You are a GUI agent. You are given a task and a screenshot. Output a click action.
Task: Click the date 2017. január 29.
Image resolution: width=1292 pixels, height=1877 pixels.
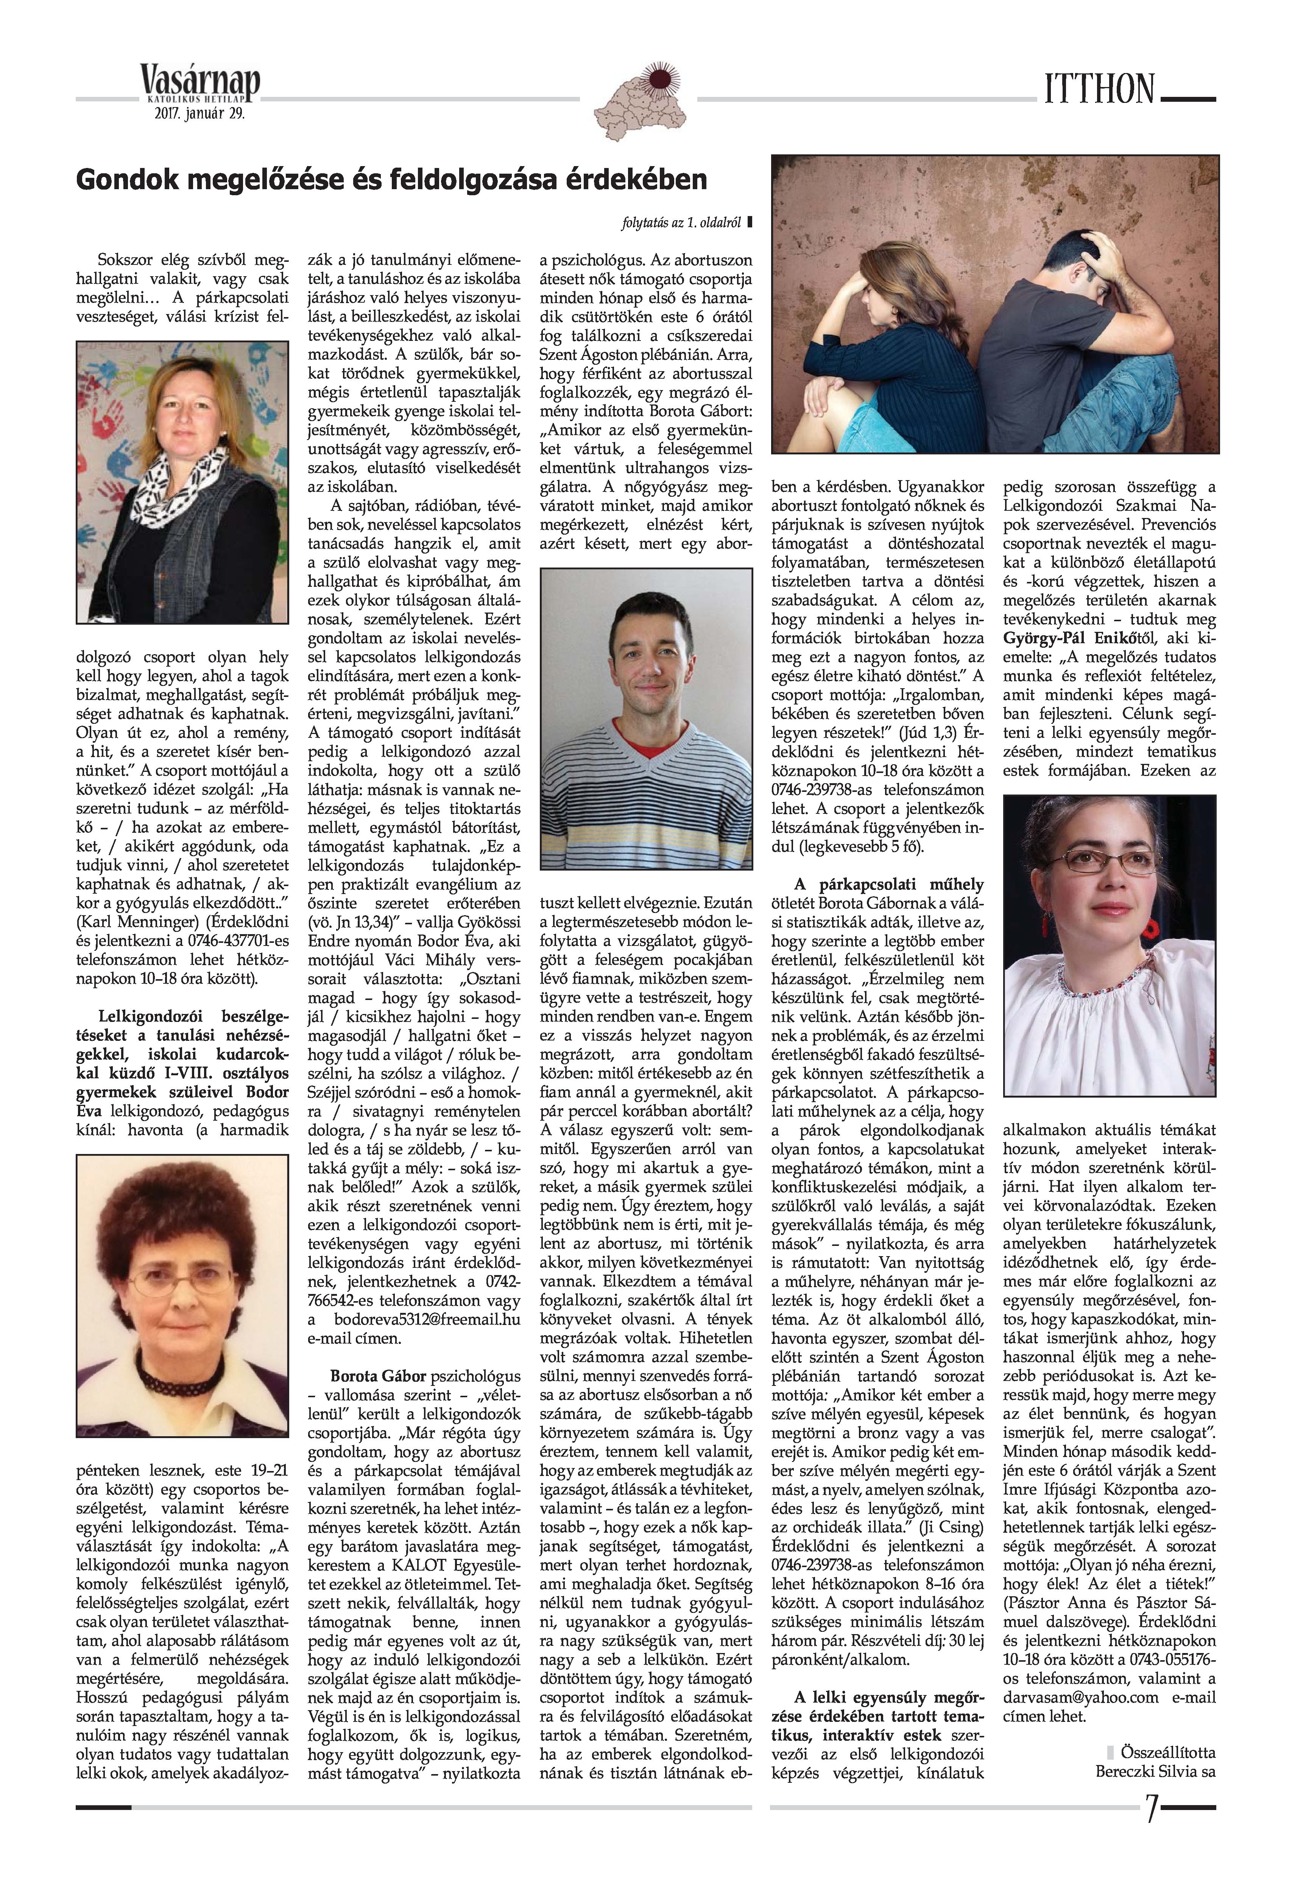(199, 114)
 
